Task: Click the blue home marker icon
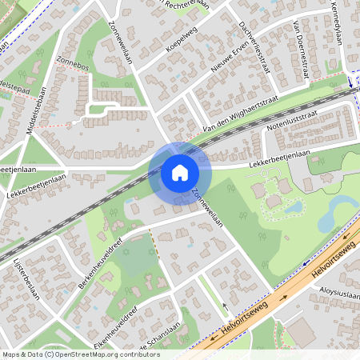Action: [x=180, y=173]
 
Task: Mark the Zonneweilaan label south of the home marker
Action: [x=206, y=205]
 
